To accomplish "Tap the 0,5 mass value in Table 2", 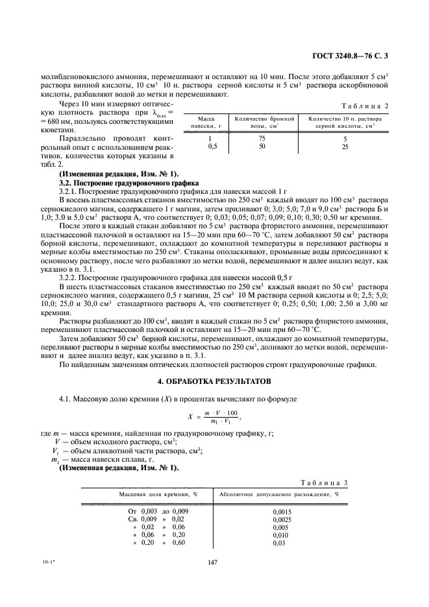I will pos(211,147).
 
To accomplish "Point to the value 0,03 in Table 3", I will pos(278,543).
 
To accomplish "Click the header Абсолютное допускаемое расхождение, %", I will pos(279,494).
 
